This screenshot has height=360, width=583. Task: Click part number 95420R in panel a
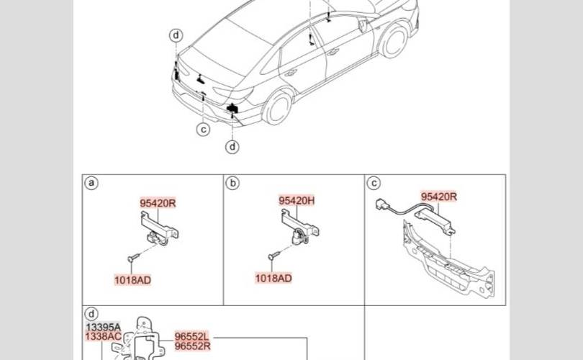(158, 203)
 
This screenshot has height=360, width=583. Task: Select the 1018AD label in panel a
(132, 279)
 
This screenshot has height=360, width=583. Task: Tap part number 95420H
(297, 201)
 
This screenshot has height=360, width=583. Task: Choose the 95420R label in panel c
(439, 196)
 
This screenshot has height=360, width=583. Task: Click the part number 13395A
(104, 327)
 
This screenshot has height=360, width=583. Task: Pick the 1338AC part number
(104, 336)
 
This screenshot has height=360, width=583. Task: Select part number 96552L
(191, 336)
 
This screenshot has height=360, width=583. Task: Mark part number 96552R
(191, 346)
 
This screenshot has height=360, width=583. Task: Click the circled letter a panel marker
(91, 183)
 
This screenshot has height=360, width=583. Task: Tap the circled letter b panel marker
(232, 183)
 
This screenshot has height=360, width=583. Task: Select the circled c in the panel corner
(374, 183)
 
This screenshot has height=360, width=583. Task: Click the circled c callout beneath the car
(204, 129)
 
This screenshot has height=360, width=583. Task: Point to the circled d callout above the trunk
(176, 35)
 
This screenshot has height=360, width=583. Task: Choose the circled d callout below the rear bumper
(232, 147)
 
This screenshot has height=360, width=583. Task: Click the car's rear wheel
(276, 109)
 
